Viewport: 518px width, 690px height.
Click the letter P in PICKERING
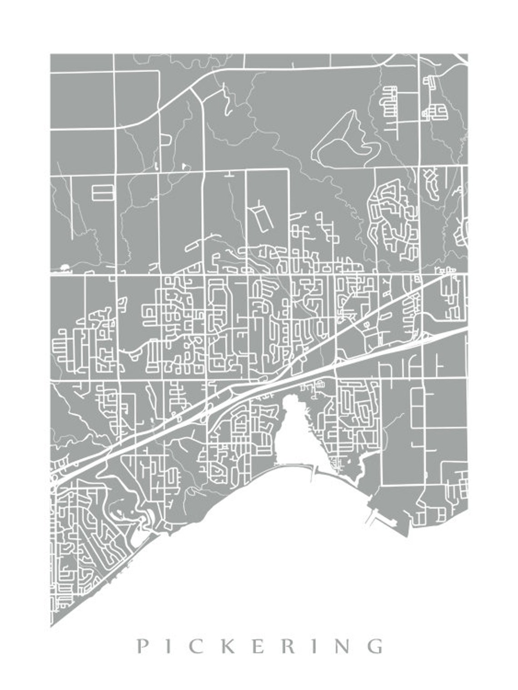143,645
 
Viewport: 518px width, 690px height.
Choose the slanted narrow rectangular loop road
263,219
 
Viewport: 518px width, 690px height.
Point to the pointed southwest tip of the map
51,626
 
